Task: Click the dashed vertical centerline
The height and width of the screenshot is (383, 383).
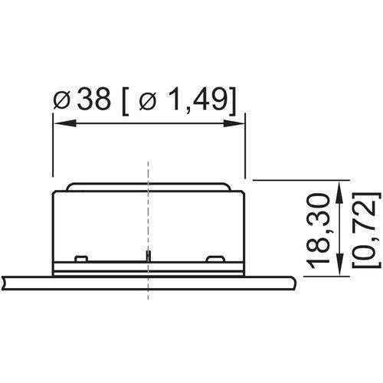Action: (148, 230)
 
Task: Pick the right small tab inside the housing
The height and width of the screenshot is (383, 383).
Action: (214, 256)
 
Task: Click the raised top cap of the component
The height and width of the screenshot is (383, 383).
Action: (147, 187)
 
